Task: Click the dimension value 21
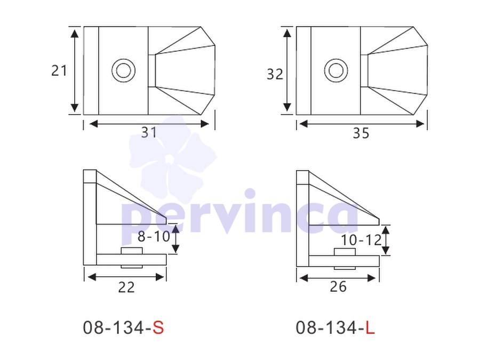[x=59, y=71]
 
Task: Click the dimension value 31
[x=149, y=133]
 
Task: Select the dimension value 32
[x=275, y=74]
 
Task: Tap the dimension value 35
[x=361, y=133]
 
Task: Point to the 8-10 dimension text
[x=154, y=236]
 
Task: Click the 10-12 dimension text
[x=361, y=240]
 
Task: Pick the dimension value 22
[x=126, y=287]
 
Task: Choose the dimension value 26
[x=338, y=287]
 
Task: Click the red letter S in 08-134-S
[x=158, y=327]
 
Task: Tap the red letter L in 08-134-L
[x=370, y=327]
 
